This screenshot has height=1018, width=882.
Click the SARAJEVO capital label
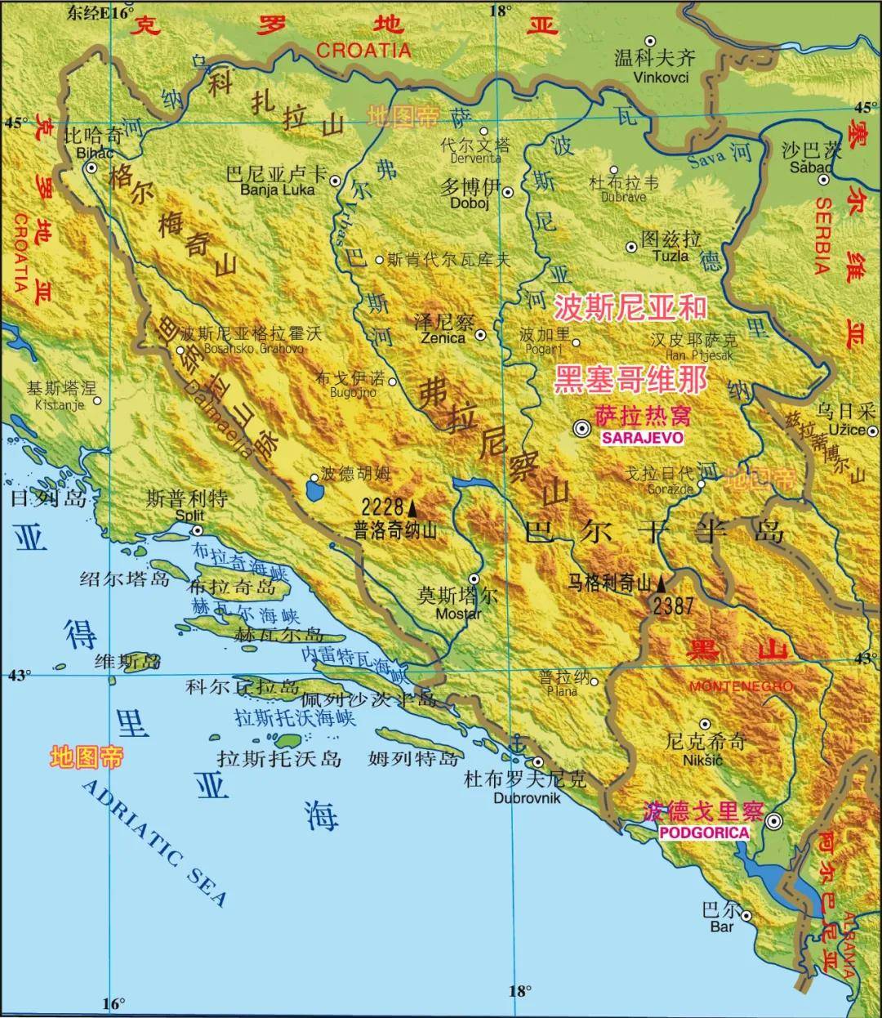coord(641,438)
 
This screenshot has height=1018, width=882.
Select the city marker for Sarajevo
coord(581,427)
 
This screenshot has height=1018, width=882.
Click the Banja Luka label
coord(272,190)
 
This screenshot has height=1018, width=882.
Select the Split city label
coord(189,516)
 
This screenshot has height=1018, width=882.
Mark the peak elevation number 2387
coord(673,605)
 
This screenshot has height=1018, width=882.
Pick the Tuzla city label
coord(670,256)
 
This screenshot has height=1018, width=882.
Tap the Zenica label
coord(443,337)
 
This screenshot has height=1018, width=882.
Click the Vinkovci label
coord(661,78)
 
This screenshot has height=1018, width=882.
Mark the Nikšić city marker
coord(705,724)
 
